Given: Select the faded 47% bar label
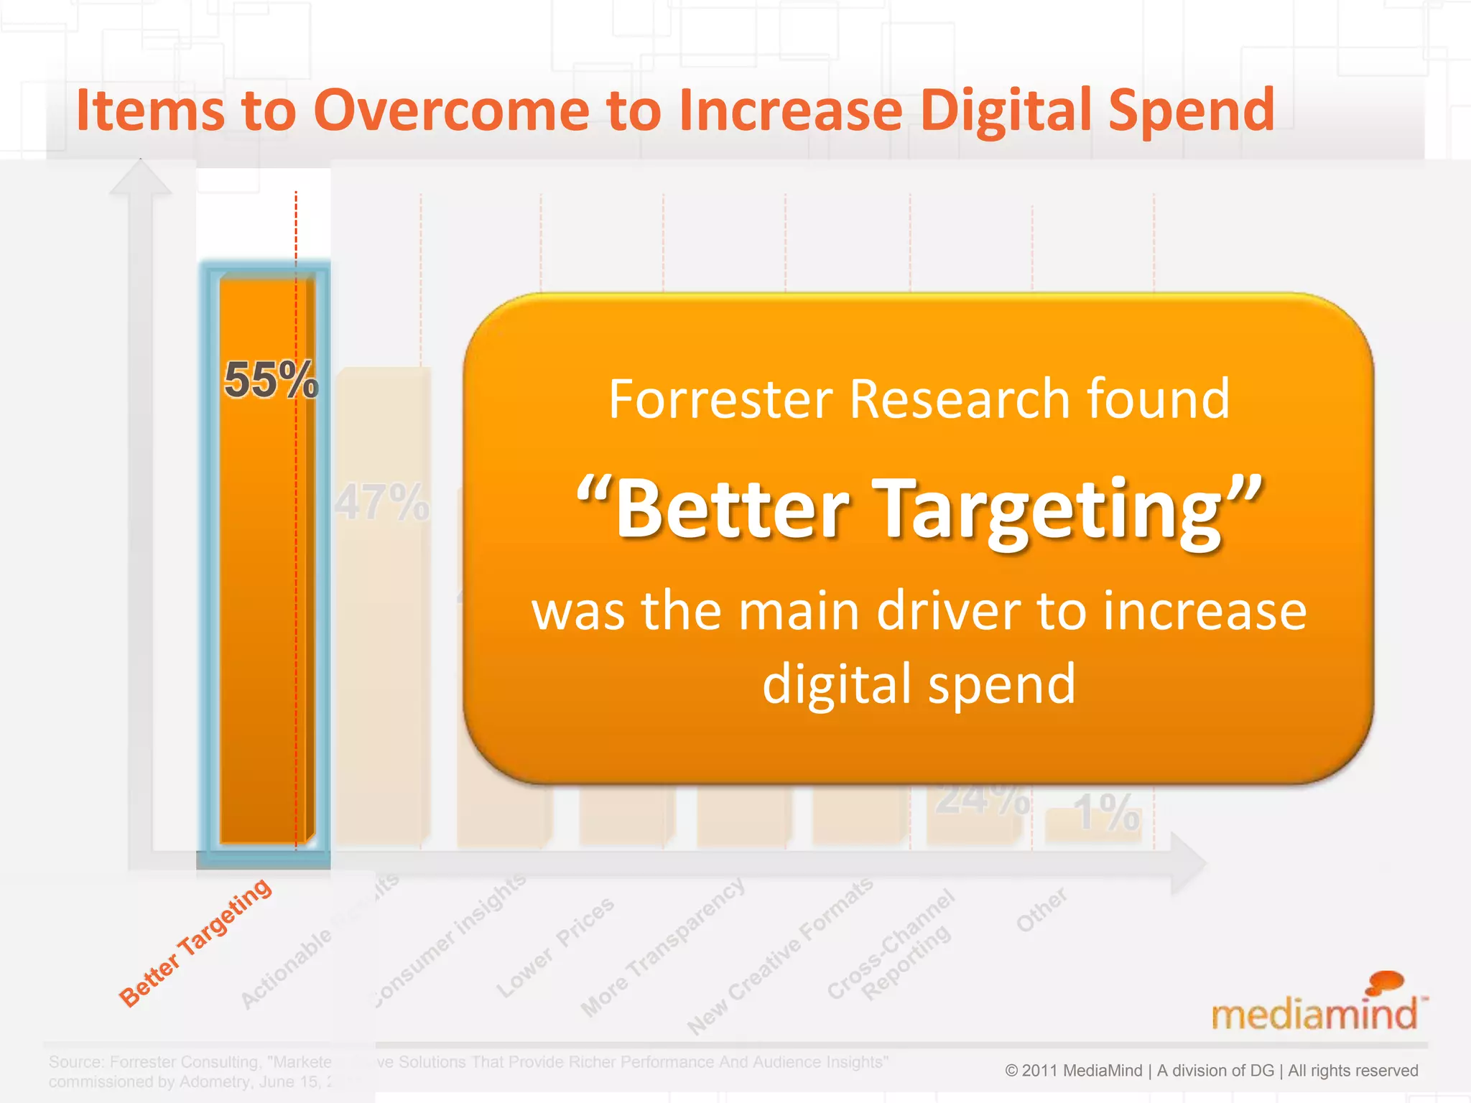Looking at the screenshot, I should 382,503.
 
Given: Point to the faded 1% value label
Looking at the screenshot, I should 1106,813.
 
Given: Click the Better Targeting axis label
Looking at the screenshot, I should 195,942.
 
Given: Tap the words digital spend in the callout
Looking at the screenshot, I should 919,684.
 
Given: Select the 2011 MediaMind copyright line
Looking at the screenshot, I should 1211,1070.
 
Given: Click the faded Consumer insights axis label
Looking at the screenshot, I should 451,941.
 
